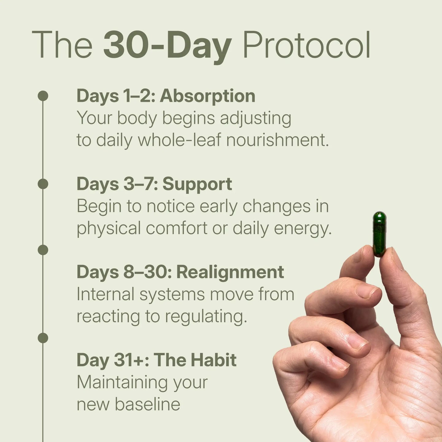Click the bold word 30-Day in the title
(167, 46)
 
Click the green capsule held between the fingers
(379, 234)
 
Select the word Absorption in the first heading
(207, 96)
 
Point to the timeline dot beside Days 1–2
(43, 96)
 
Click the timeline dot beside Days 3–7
(43, 184)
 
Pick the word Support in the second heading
(197, 184)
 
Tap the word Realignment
(230, 272)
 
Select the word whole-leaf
(179, 140)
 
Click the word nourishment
(277, 140)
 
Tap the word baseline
(147, 404)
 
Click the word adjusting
(255, 118)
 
